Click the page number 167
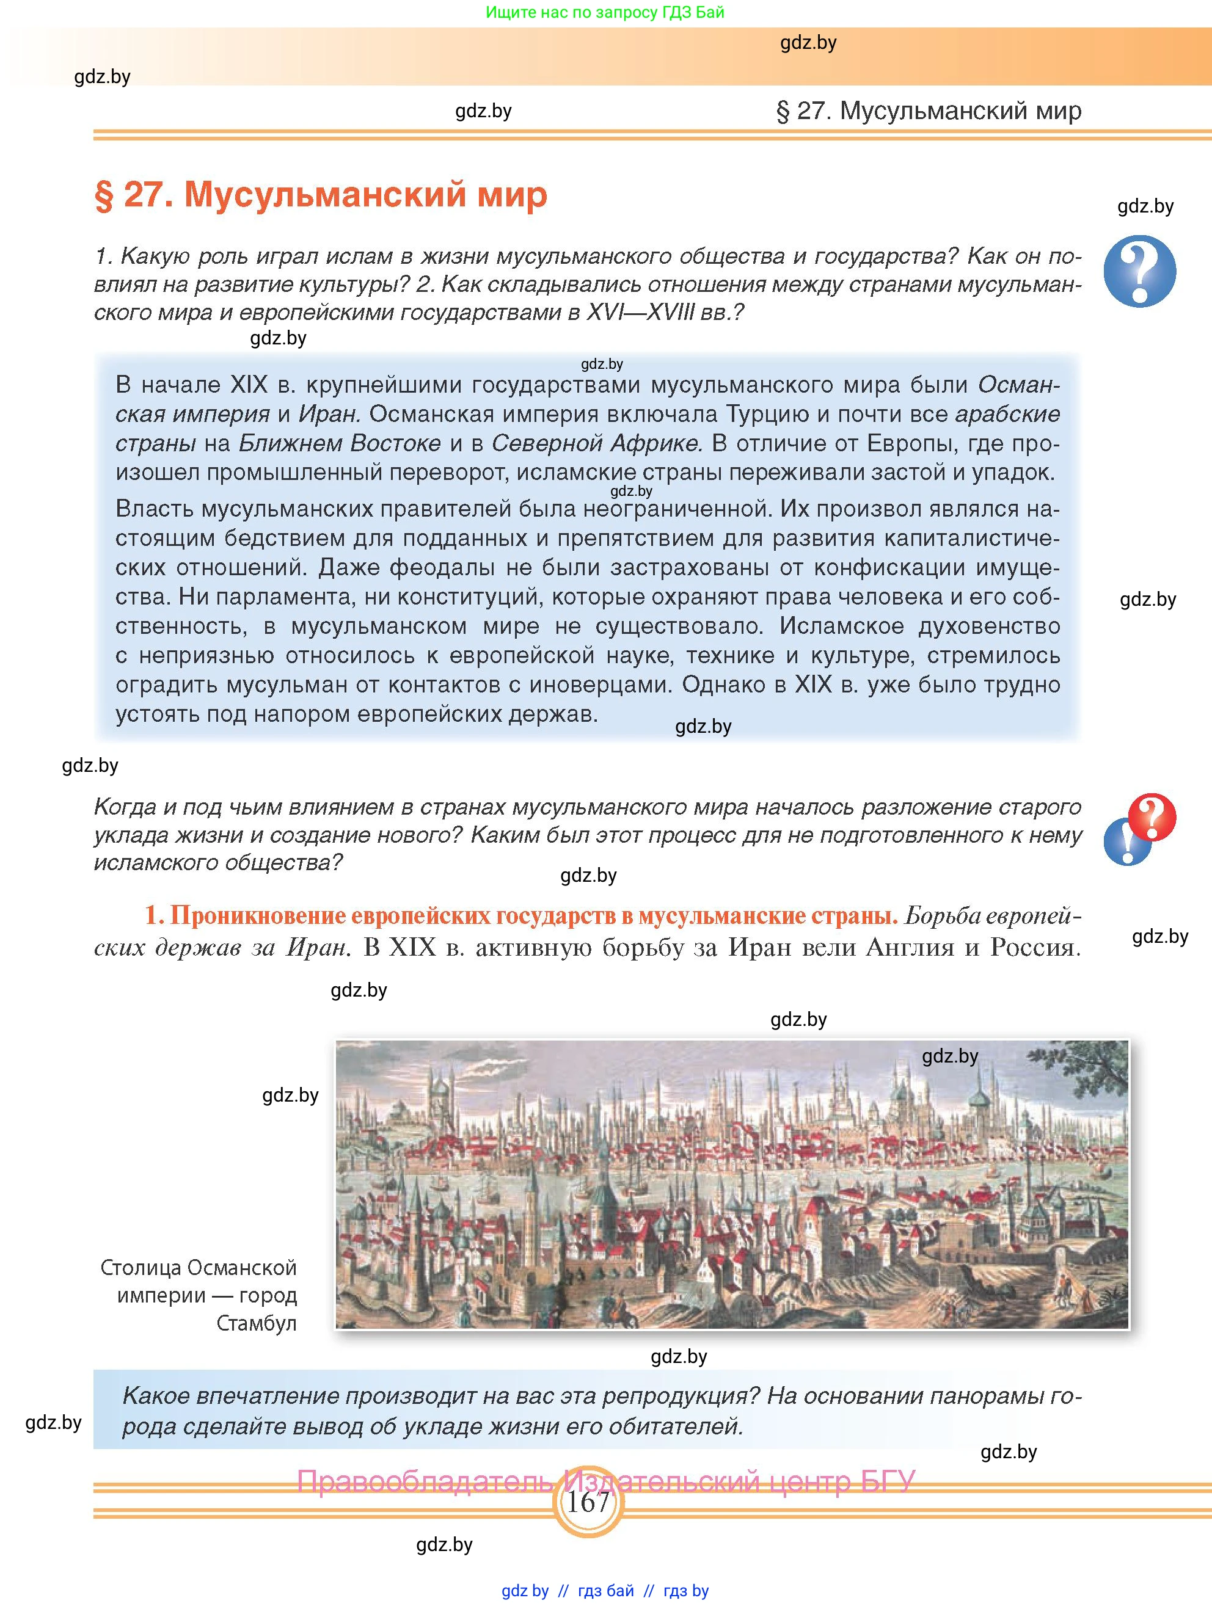click(588, 1501)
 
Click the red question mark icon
click(1152, 816)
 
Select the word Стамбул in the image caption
click(257, 1323)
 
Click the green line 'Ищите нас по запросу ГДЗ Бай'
click(605, 12)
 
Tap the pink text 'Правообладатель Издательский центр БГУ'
click(605, 1480)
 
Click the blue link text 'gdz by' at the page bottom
click(525, 1591)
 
